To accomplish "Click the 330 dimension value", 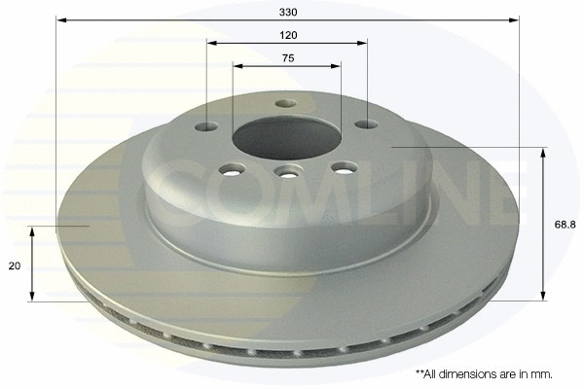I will point(287,11).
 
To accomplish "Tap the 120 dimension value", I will point(287,34).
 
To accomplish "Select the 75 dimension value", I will point(287,58).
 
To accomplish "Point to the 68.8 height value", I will point(564,224).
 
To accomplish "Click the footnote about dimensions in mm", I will point(484,373).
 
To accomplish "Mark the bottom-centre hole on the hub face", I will point(286,172).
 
